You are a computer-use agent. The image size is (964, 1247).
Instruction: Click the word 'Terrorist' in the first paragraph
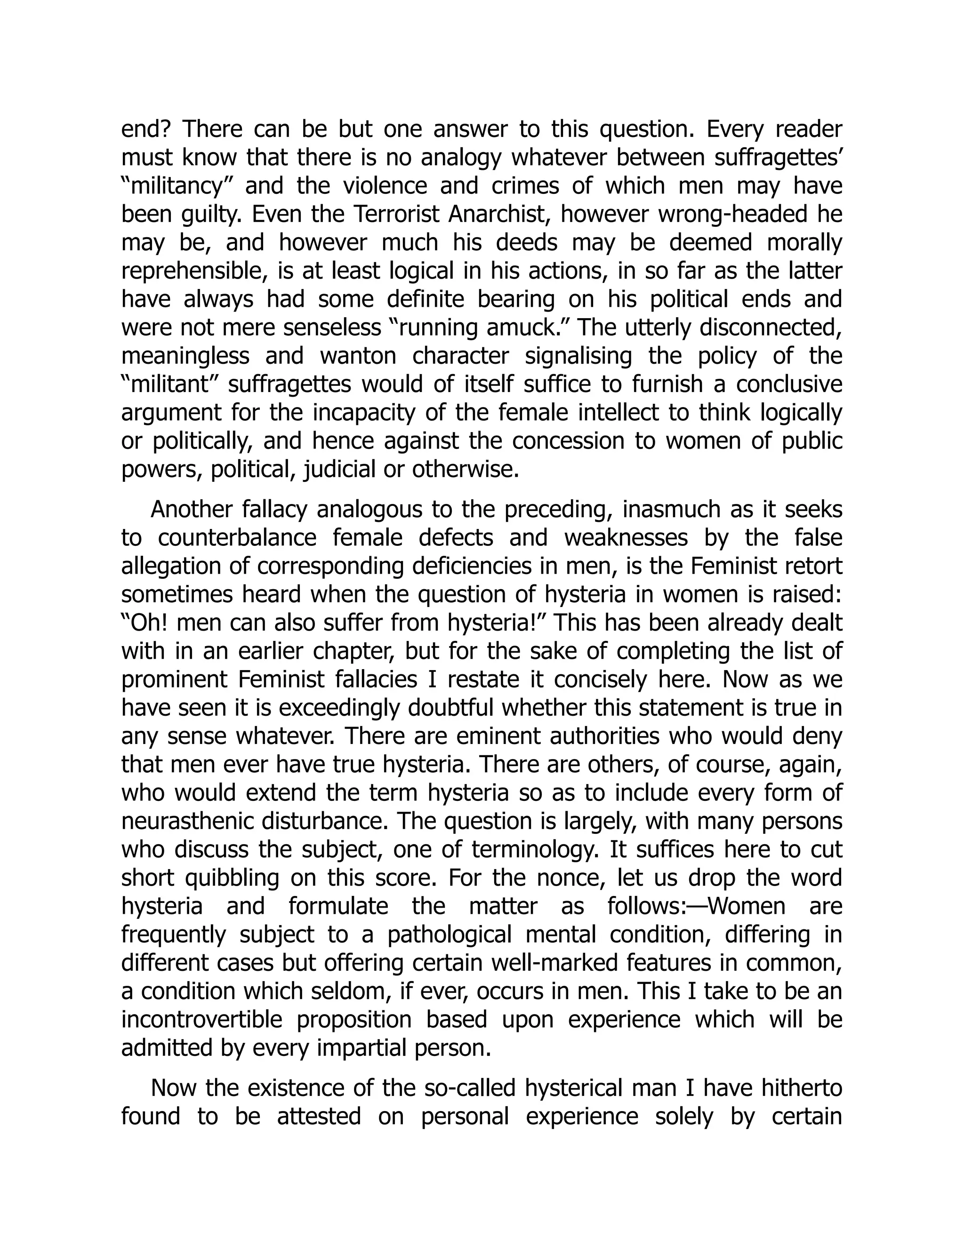coord(397,214)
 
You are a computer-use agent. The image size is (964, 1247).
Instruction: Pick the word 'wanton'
coord(358,356)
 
